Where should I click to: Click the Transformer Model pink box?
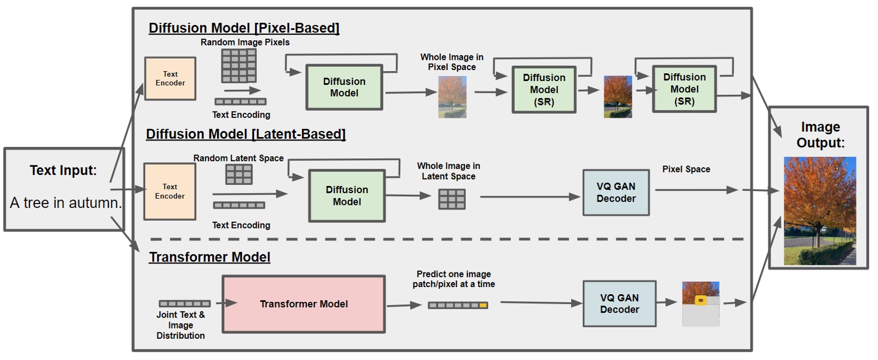coord(304,304)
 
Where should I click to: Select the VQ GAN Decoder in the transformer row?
coord(619,303)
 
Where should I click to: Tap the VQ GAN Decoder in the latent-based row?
coord(616,193)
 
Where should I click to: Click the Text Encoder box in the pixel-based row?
coord(170,78)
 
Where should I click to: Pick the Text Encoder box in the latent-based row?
coord(170,191)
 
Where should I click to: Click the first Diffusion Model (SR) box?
coord(544,90)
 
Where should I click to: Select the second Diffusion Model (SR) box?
coord(684,89)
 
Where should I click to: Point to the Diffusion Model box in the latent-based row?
coord(347,196)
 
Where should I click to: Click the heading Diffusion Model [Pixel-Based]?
coord(244,28)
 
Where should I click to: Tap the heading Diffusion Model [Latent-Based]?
coord(245,134)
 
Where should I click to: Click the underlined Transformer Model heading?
coord(209,257)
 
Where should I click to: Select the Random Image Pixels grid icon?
coord(239,65)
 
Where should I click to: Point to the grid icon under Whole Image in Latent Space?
coord(452,199)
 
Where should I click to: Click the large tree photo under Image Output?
coord(820,211)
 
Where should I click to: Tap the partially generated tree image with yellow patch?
coord(701,303)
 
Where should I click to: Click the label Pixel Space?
coord(686,169)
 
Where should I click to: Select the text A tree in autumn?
coord(66,203)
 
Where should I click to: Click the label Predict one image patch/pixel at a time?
coord(454,279)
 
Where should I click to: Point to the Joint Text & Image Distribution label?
coord(181,325)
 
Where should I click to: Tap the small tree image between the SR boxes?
coord(618,97)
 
